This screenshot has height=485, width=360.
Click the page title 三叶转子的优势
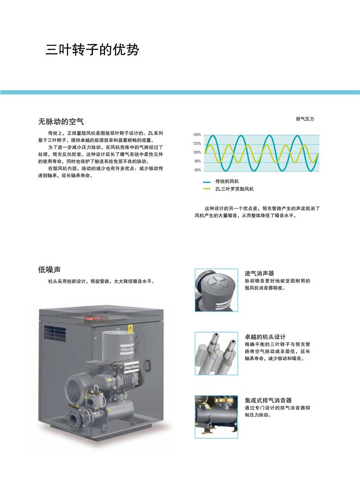[92, 50]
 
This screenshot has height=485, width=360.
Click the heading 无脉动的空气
[61, 122]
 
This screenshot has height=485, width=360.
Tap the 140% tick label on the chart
[197, 135]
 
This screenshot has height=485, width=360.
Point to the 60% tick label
[198, 170]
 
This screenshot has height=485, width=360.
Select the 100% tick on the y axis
[197, 153]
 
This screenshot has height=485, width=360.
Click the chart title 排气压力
[305, 119]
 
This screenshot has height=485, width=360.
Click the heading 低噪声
[49, 270]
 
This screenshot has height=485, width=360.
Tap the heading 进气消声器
[260, 273]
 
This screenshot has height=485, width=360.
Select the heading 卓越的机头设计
[265, 336]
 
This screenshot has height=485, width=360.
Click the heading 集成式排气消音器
[268, 400]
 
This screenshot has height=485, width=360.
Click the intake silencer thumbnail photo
[216, 290]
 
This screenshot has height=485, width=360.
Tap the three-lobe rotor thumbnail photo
[216, 354]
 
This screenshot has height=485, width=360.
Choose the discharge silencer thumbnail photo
[216, 417]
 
